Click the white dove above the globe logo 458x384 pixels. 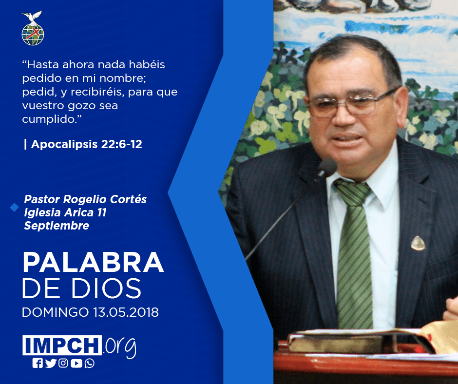(x=32, y=17)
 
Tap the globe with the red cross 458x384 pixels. (x=33, y=34)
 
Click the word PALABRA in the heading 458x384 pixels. (x=93, y=263)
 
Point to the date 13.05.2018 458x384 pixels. (x=126, y=312)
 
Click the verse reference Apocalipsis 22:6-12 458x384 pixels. (x=86, y=144)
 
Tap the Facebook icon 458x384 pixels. (x=38, y=363)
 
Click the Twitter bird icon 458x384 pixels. (x=51, y=363)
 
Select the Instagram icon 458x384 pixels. (x=63, y=363)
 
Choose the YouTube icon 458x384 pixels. (x=76, y=363)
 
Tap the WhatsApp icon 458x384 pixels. (x=89, y=363)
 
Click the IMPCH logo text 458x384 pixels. (x=62, y=345)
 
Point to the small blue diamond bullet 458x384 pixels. (x=14, y=207)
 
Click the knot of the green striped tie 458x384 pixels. (x=353, y=192)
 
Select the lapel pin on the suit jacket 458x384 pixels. (x=418, y=243)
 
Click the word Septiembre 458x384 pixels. (x=57, y=226)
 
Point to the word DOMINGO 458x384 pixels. (x=55, y=312)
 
